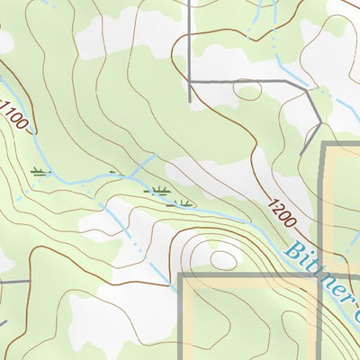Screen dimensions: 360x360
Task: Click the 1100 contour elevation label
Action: click(x=16, y=115)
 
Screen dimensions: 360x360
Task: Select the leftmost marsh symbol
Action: click(x=40, y=170)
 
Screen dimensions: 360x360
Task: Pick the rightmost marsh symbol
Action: click(x=184, y=202)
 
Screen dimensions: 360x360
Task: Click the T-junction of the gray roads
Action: click(x=190, y=81)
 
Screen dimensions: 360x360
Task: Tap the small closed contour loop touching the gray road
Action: click(x=247, y=89)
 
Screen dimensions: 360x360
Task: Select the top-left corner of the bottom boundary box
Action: click(x=182, y=275)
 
